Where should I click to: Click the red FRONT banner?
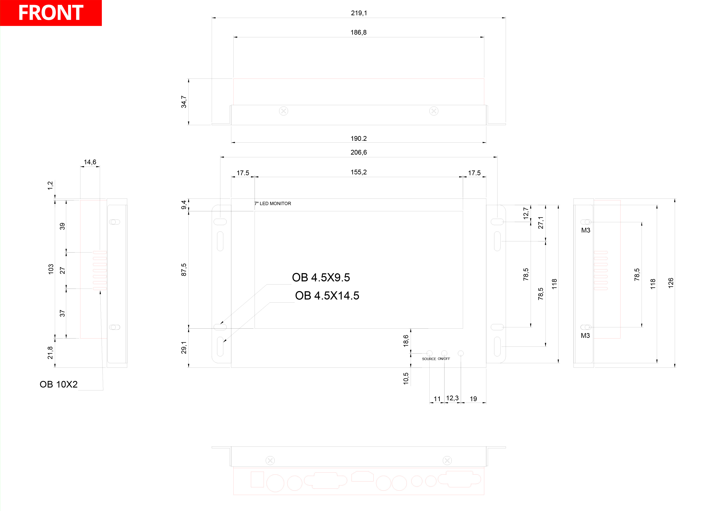pos(51,13)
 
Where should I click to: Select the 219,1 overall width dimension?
pos(359,13)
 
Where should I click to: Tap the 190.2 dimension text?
pos(359,139)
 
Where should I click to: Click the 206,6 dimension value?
pos(359,152)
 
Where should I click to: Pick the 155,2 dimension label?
pos(359,172)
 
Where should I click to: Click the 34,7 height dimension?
pos(183,102)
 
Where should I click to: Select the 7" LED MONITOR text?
pos(273,204)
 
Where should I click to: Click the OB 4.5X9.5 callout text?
pos(321,277)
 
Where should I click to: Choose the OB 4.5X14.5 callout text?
pos(327,296)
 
